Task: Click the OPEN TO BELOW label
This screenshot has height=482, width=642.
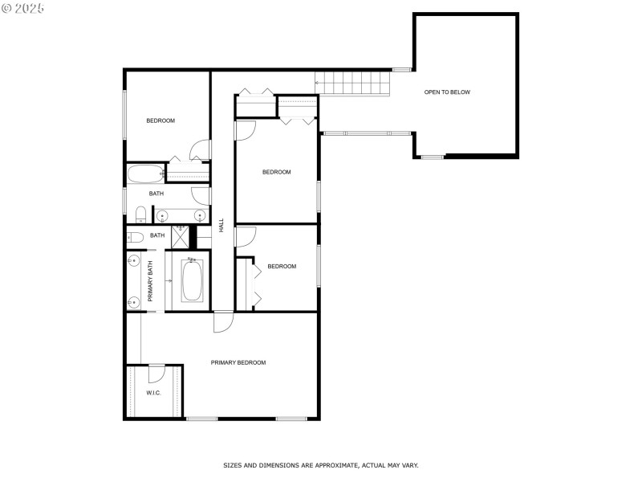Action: click(447, 92)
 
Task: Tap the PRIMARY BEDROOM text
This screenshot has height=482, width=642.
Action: click(238, 363)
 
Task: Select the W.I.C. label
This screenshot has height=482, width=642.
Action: click(153, 393)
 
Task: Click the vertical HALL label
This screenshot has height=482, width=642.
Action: click(221, 227)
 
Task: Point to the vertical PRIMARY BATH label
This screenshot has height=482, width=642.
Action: click(150, 281)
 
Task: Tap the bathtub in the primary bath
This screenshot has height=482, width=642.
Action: click(191, 282)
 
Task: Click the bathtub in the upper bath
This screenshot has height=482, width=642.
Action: click(145, 174)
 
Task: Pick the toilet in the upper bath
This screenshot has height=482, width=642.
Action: click(140, 214)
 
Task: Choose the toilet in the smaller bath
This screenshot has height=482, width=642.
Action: click(136, 236)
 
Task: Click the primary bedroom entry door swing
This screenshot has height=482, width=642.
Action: click(222, 321)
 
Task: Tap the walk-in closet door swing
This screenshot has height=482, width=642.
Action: click(156, 373)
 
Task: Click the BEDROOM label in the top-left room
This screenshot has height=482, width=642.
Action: click(160, 121)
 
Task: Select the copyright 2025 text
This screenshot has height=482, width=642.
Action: click(22, 8)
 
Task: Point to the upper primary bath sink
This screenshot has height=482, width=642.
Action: click(133, 261)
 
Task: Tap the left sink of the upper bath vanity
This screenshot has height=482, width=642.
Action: click(162, 215)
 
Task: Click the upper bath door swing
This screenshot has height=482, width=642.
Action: click(200, 195)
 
